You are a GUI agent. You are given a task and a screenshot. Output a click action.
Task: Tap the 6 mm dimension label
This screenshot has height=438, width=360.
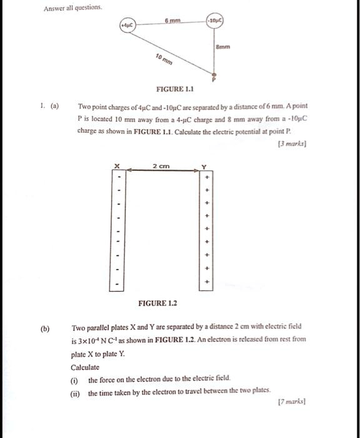tap(173, 21)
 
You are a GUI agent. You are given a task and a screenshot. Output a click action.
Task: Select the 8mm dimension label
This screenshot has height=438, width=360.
tap(223, 46)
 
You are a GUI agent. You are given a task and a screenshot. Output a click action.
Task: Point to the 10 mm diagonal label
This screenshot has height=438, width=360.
tap(164, 61)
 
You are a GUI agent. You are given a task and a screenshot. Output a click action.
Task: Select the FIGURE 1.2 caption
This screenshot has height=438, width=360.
tap(157, 303)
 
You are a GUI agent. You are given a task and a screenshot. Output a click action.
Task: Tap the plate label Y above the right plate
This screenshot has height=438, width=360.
tap(203, 166)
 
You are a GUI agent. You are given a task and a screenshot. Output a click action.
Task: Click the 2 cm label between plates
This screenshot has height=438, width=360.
tap(160, 166)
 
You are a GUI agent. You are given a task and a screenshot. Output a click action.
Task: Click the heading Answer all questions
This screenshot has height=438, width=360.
tap(72, 9)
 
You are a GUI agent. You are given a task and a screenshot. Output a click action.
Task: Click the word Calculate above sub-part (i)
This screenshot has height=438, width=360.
tap(85, 368)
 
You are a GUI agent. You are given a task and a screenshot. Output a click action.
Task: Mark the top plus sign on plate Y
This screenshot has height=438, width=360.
tap(208, 178)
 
